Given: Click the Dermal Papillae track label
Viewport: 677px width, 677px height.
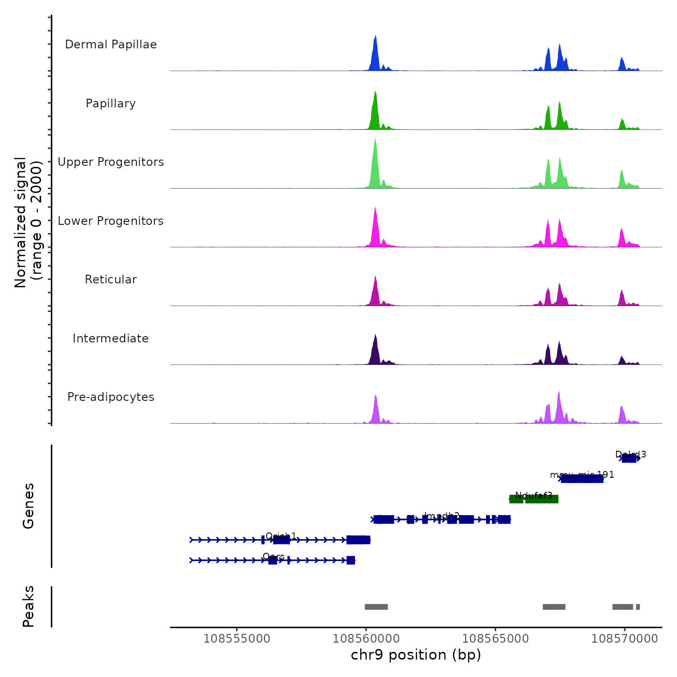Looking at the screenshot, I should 111,44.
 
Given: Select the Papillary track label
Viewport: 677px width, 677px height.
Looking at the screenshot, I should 111,103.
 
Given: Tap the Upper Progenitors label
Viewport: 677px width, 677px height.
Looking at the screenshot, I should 111,162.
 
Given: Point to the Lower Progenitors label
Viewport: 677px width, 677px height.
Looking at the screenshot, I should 111,221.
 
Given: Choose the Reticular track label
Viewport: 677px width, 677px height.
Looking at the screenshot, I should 111,280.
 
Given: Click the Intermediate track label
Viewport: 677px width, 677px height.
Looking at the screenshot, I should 111,338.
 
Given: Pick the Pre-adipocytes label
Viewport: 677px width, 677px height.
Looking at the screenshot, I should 111,397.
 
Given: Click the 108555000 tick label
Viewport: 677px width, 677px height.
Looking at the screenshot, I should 237,638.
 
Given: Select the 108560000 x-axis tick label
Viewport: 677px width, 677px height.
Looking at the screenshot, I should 366,638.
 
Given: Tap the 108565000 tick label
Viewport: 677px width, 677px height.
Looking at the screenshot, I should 495,638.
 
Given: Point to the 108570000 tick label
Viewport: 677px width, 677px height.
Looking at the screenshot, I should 624,638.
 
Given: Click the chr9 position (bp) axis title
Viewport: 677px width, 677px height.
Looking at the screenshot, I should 416,655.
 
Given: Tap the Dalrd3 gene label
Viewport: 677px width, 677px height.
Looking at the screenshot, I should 630,454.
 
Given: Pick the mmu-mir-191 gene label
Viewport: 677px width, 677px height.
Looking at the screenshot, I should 582,474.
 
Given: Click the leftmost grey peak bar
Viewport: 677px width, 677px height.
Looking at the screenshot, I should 376,607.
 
